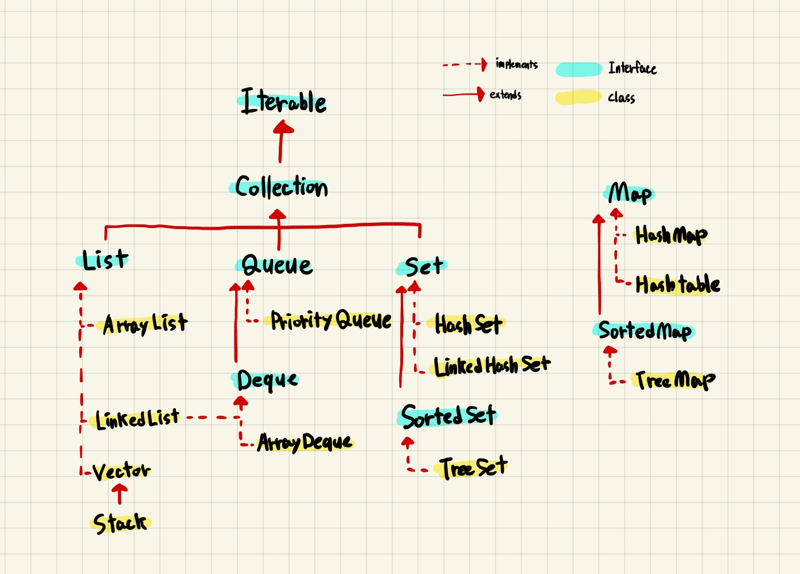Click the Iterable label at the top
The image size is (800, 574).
pyautogui.click(x=283, y=102)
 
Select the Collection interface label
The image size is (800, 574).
pyautogui.click(x=281, y=187)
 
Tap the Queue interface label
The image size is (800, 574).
pyautogui.click(x=277, y=265)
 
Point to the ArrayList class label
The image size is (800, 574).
pyautogui.click(x=145, y=324)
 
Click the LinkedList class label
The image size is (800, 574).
pyautogui.click(x=138, y=419)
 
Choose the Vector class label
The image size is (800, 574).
pyautogui.click(x=121, y=471)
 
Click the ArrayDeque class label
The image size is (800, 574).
pyautogui.click(x=305, y=442)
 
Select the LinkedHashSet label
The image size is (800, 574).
pyautogui.click(x=491, y=366)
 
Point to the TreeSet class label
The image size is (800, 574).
pyautogui.click(x=474, y=468)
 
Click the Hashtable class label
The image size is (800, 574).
pyautogui.click(x=678, y=285)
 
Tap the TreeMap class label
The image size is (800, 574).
pyautogui.click(x=675, y=380)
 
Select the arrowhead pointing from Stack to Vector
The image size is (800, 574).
pyautogui.click(x=119, y=490)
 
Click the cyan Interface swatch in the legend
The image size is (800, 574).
pyautogui.click(x=579, y=69)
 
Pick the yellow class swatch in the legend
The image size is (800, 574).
pyautogui.click(x=579, y=98)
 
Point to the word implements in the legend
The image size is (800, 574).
pyautogui.click(x=517, y=64)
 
